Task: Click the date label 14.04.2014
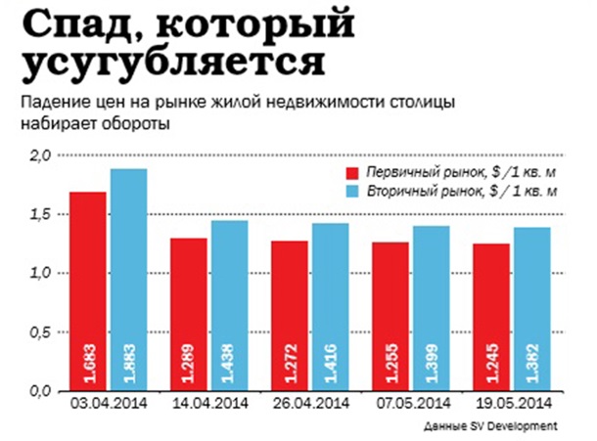209,402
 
